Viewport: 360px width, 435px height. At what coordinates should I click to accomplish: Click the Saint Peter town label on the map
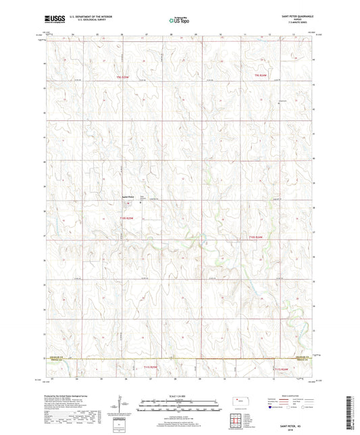128,197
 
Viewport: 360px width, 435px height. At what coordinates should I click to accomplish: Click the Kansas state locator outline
240,402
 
